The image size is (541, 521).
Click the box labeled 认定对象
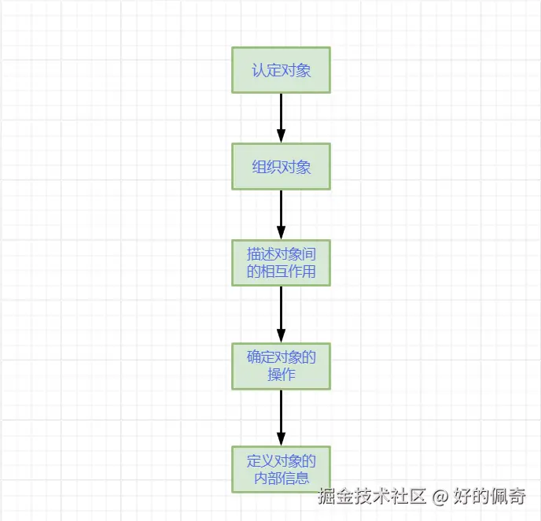(281, 70)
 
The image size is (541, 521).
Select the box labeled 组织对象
(281, 166)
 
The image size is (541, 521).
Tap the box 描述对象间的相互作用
(281, 263)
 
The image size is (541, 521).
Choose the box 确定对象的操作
(281, 365)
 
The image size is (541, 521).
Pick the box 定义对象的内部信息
(281, 470)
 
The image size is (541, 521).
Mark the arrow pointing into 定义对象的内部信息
(281, 417)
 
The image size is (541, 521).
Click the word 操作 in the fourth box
(281, 375)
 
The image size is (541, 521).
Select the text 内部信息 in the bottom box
(281, 479)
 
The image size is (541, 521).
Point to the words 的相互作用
(287, 272)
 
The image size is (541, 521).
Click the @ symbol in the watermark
(440, 497)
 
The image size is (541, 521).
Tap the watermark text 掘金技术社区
(372, 497)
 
